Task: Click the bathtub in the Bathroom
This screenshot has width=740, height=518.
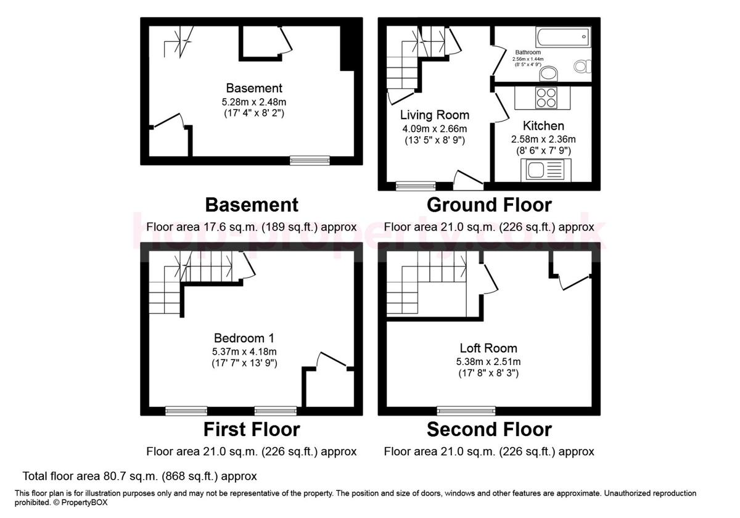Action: point(563,38)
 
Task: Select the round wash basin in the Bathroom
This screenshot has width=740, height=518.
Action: point(547,75)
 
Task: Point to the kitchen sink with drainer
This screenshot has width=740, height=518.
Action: point(546,170)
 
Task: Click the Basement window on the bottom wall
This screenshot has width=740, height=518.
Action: point(310,161)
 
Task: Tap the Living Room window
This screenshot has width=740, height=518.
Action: point(415,186)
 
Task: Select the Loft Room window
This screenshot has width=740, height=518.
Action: point(466,410)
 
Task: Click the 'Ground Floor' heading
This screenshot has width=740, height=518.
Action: point(489,204)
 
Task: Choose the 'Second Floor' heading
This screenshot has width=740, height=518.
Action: point(489,429)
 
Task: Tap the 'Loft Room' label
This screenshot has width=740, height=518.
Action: point(488,348)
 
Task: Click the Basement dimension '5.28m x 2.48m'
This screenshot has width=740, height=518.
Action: point(254,102)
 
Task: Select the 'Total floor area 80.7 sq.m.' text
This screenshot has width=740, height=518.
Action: point(139,476)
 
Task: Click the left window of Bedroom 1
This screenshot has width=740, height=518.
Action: point(186,410)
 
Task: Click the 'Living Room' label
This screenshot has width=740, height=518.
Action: point(434,115)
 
